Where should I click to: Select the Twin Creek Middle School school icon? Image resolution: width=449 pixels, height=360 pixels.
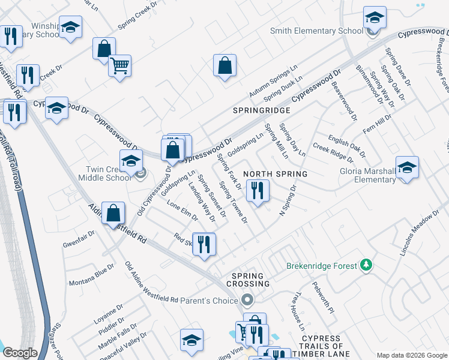131,160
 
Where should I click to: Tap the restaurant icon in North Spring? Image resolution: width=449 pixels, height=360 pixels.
258,191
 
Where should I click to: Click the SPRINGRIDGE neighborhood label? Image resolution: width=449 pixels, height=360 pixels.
262,111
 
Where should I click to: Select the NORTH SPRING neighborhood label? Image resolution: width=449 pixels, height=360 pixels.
276,174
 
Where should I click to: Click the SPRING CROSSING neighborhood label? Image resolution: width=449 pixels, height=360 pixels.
247,278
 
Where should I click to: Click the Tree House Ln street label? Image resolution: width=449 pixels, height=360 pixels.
298,311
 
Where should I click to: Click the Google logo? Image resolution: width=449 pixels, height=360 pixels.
20,353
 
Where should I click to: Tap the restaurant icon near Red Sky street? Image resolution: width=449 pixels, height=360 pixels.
204,243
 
